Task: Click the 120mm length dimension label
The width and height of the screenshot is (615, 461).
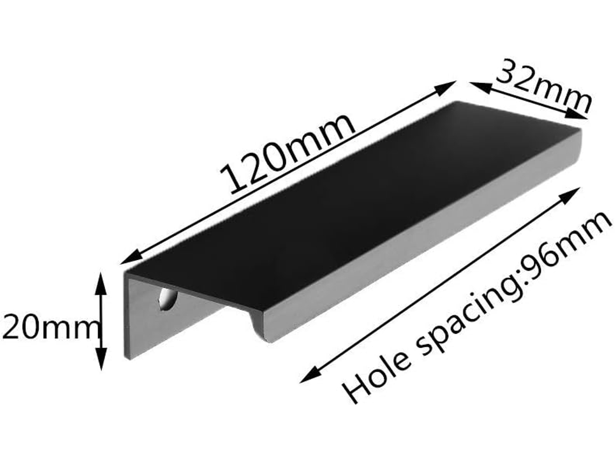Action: (287, 154)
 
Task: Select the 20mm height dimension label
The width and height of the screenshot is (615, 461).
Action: (49, 328)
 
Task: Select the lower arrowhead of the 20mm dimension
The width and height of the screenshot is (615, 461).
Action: (101, 359)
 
